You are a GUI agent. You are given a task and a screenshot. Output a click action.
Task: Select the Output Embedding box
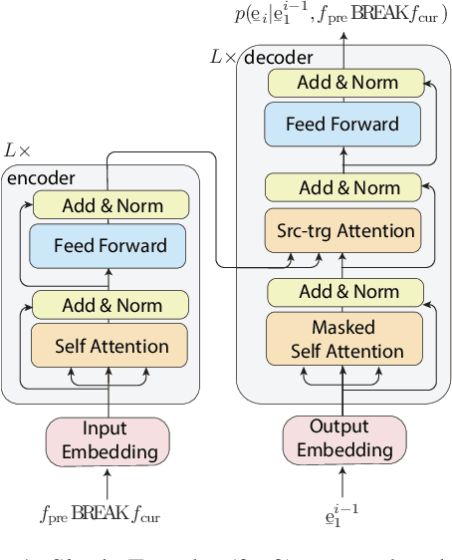pos(344,439)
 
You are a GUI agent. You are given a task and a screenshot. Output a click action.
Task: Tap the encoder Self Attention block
pos(110,347)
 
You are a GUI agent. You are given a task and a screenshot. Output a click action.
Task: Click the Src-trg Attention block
pos(343,230)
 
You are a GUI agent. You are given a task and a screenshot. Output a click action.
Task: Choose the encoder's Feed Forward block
pos(110,245)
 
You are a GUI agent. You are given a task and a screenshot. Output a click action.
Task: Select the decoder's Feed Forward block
pos(343,125)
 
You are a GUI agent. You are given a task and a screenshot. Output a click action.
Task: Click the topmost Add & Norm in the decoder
pos(343,83)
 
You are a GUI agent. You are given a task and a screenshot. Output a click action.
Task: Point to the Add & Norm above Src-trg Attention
pos(343,187)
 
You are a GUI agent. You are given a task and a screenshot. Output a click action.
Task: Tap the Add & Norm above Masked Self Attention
pos(343,292)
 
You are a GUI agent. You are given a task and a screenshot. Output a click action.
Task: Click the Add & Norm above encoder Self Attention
pos(110,304)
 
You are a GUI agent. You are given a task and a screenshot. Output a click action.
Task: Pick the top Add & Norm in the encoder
pos(110,205)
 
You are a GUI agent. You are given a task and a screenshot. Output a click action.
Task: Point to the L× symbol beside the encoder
pos(18,150)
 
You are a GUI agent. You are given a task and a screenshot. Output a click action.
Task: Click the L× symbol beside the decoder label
pos(223,58)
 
